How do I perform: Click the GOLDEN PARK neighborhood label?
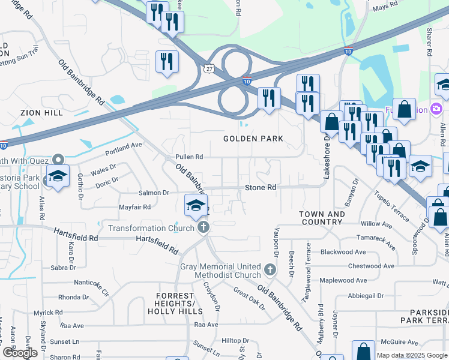click(x=253, y=139)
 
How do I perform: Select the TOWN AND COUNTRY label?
click(x=322, y=218)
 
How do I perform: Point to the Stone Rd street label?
click(x=261, y=188)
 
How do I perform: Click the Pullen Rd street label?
click(x=189, y=157)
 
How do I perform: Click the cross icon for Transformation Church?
click(x=203, y=227)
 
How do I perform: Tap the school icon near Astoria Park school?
click(x=58, y=176)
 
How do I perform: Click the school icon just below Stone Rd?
click(x=196, y=205)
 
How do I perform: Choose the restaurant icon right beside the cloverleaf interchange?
click(x=269, y=97)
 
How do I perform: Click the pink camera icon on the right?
click(x=436, y=109)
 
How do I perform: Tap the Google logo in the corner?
click(x=20, y=353)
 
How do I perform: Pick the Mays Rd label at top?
click(x=385, y=5)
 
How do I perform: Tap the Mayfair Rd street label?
click(x=134, y=206)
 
